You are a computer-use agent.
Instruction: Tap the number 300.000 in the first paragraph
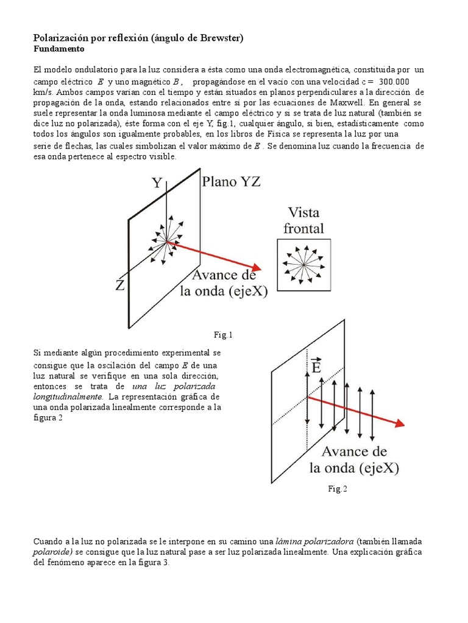click(394, 82)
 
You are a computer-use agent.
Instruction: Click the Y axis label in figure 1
click(157, 183)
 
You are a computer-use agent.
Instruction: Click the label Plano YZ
click(231, 182)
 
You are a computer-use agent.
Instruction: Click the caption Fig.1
click(223, 335)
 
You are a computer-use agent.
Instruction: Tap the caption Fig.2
click(337, 489)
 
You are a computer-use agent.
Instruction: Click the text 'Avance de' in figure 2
click(353, 451)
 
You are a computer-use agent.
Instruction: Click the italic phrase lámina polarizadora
click(314, 541)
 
